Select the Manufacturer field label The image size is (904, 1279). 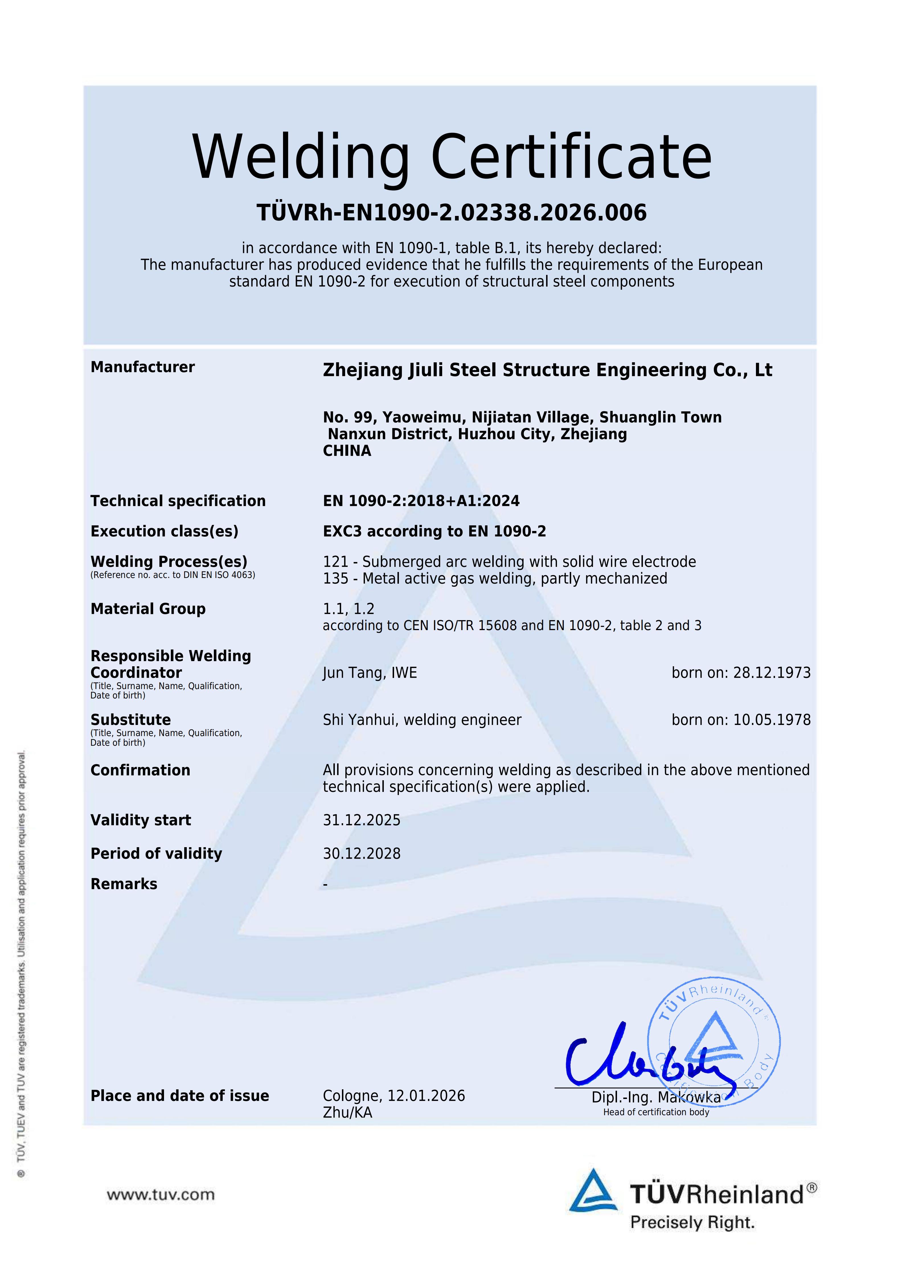coord(142,367)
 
